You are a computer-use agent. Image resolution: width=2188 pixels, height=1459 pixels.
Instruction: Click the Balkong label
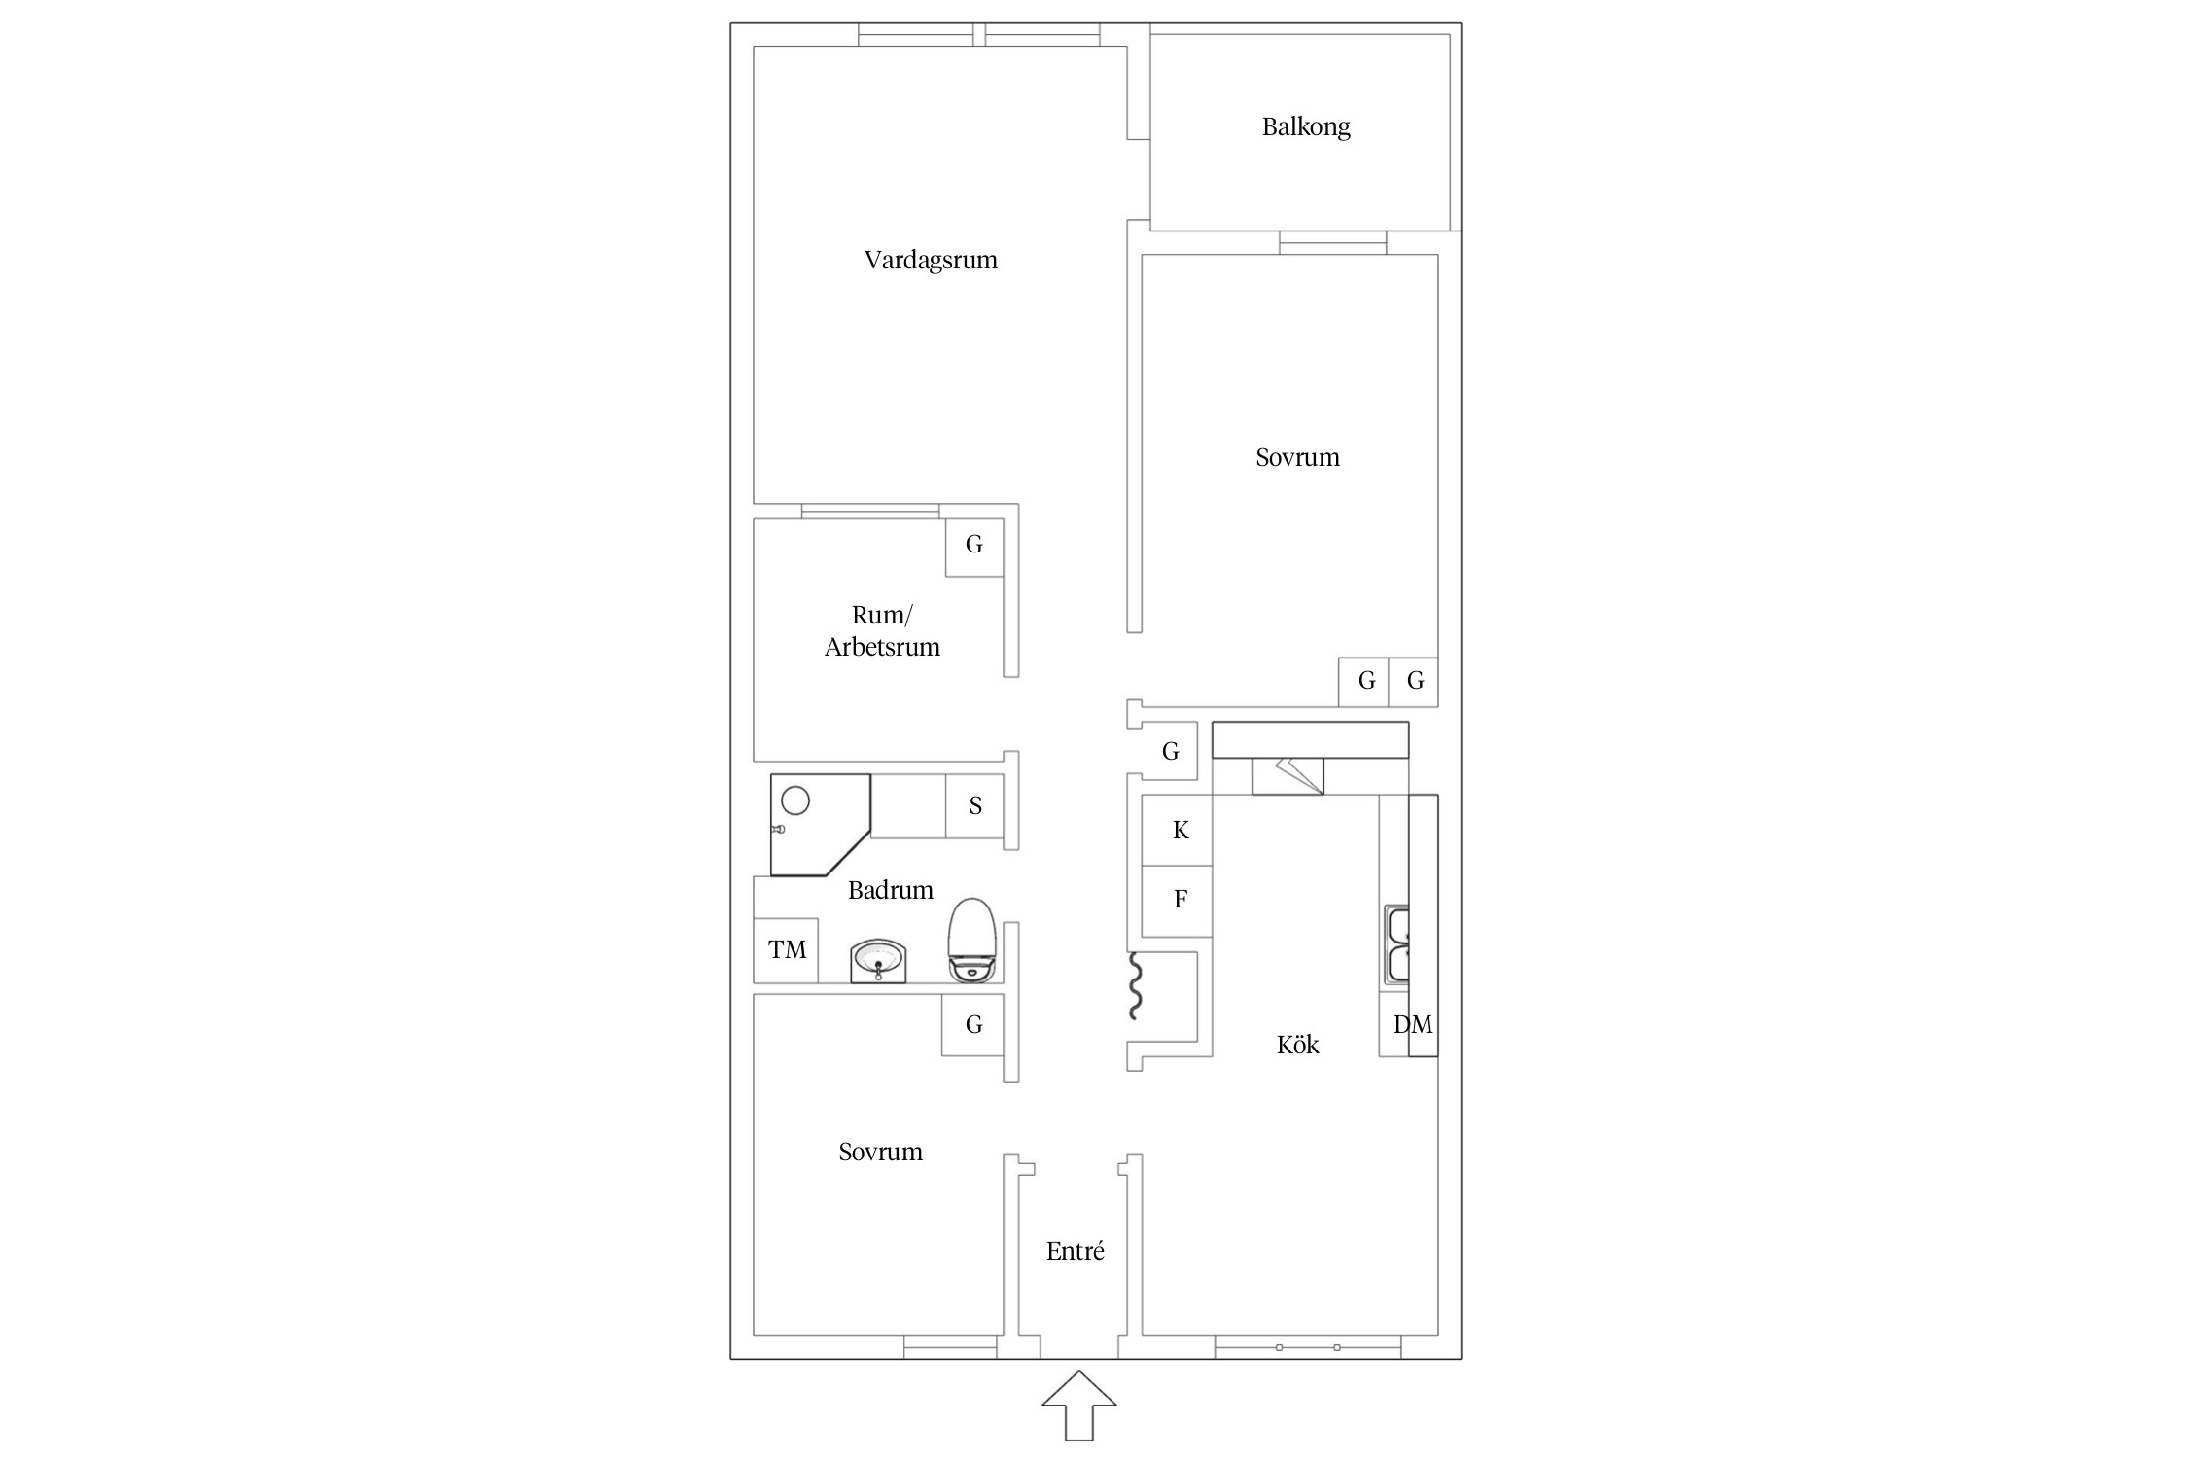pos(1306,127)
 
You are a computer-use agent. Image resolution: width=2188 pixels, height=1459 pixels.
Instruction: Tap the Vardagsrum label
pos(931,261)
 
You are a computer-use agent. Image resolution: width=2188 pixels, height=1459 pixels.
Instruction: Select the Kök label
pos(1297,1045)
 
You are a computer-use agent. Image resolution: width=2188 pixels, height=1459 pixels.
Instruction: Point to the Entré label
pos(1075,1251)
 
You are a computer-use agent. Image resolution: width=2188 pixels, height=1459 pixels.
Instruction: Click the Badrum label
pos(890,890)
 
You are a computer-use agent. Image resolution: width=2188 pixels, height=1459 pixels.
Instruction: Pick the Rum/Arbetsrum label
pos(882,630)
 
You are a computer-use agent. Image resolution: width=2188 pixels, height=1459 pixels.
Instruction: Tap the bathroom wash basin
pos(878,962)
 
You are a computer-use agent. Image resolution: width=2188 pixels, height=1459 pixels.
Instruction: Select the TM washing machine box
pos(786,950)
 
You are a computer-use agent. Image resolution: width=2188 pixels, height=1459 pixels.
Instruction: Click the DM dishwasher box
pos(1408,1023)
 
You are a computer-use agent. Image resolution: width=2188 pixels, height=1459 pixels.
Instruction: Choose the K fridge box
pos(1177,830)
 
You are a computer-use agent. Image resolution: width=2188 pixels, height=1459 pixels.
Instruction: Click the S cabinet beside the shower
pos(974,805)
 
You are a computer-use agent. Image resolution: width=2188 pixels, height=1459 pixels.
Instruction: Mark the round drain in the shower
pos(795,801)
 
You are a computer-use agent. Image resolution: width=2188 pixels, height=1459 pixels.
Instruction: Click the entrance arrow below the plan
pos(1078,1406)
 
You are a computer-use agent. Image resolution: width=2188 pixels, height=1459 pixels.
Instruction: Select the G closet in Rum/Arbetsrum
pos(974,547)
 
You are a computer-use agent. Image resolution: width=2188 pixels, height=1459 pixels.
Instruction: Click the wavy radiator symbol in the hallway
pos(1134,986)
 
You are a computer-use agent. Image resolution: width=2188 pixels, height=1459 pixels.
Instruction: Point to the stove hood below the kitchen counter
pos(1288,776)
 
